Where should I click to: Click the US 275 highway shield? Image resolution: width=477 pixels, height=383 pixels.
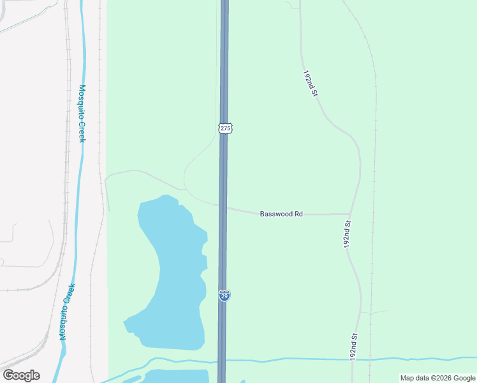(x=224, y=128)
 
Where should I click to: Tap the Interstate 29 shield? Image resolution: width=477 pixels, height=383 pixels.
(x=224, y=296)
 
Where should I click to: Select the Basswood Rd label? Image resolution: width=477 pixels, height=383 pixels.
(x=281, y=214)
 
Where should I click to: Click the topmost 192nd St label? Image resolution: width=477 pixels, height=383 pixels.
(x=310, y=83)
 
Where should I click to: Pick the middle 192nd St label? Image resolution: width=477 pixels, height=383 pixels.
(x=348, y=235)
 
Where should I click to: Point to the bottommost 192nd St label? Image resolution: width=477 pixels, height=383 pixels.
(x=355, y=345)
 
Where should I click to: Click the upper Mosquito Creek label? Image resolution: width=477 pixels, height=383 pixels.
(x=82, y=113)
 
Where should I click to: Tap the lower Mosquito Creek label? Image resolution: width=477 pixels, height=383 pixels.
(x=68, y=312)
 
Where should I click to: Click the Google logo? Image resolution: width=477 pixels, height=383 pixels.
(x=21, y=375)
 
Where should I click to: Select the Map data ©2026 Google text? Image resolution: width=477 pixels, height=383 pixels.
(x=437, y=378)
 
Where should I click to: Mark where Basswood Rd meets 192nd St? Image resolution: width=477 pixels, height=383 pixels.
(x=349, y=214)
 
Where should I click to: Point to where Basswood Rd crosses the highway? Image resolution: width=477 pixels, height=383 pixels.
(x=224, y=207)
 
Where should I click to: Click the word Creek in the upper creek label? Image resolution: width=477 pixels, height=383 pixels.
(x=82, y=131)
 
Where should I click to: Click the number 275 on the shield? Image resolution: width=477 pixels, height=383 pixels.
(x=224, y=128)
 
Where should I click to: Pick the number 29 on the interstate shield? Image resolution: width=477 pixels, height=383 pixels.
(x=224, y=297)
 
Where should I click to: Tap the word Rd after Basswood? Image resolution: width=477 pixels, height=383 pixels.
(x=298, y=214)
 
